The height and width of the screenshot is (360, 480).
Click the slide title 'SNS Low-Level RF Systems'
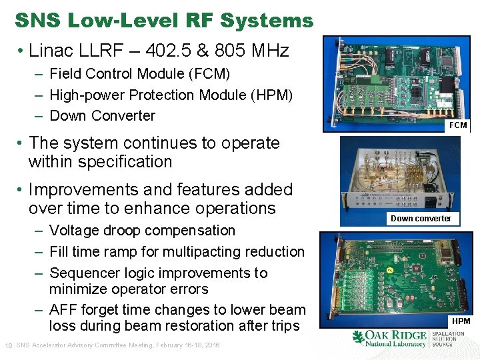[163, 21]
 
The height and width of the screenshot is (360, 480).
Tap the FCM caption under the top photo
[458, 125]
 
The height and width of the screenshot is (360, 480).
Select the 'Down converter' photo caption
[421, 218]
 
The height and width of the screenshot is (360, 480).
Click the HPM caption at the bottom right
[461, 321]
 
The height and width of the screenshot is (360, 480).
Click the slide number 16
[9, 345]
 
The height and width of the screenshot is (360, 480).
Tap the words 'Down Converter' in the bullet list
[102, 116]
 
